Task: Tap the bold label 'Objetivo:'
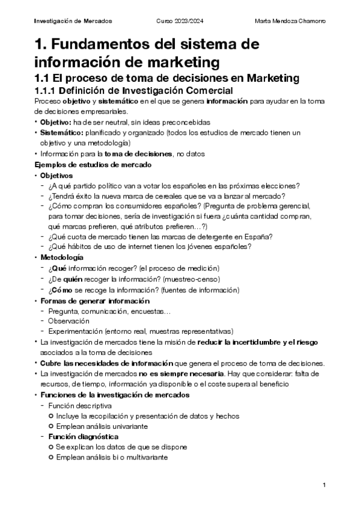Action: coord(55,121)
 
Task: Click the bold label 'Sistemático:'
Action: coord(62,132)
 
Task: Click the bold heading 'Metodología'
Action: coord(62,257)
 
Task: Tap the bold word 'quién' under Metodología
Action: coord(71,278)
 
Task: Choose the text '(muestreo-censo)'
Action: coord(196,278)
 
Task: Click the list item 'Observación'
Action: coord(69,321)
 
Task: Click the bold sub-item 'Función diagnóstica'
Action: coord(84,436)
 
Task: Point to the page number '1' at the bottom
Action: coord(324,485)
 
